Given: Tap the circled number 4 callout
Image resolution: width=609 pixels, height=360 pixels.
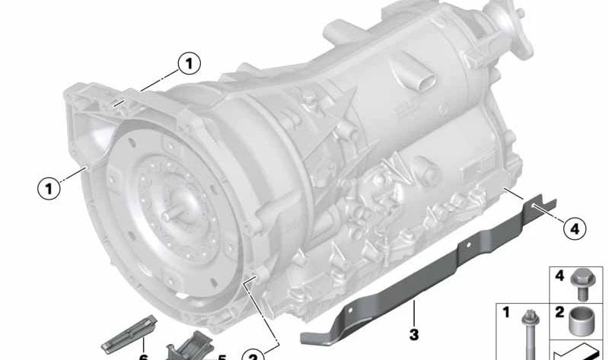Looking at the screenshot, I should tap(575, 227).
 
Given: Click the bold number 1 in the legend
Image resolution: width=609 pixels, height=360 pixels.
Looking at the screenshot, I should tap(504, 312).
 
